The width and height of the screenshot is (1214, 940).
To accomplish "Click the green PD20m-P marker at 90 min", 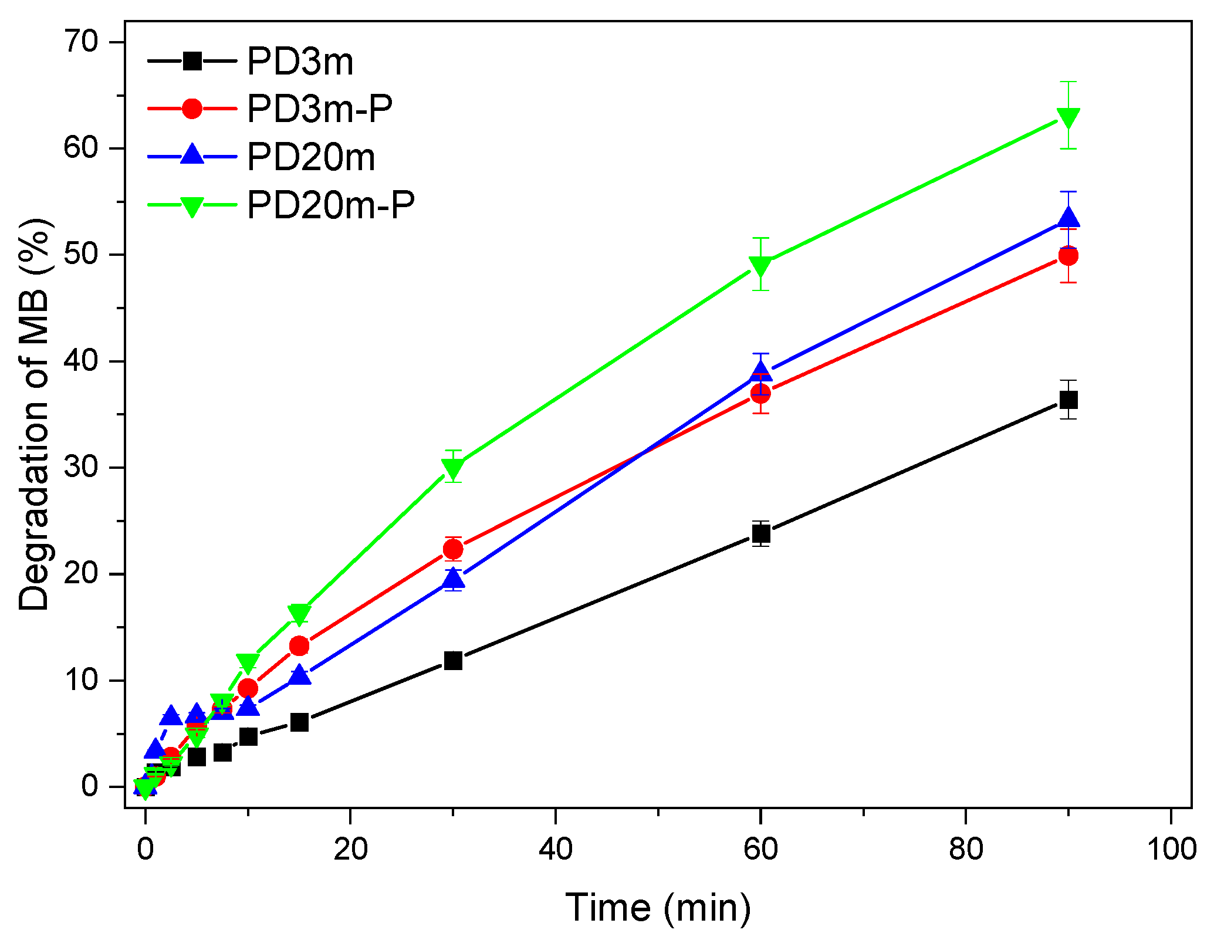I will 1068,117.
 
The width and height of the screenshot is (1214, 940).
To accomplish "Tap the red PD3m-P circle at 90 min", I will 1068,256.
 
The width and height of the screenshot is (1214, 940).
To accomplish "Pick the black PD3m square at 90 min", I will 1068,400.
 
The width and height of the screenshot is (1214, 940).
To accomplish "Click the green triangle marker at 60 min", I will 760,266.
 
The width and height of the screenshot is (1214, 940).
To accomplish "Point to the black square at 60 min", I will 760,534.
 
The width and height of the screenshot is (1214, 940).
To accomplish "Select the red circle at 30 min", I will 453,549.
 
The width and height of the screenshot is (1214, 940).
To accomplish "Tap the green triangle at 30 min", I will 453,468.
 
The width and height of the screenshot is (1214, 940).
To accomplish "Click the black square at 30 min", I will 453,661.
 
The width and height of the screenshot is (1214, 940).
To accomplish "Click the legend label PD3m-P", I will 319,109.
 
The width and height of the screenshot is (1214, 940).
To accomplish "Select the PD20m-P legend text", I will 330,205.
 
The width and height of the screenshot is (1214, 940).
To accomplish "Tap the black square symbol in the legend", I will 192,60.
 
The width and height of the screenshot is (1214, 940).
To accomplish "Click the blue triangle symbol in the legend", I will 192,155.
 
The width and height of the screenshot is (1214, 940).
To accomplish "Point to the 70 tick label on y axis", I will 81,42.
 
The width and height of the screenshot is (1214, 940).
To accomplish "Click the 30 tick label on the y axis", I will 81,468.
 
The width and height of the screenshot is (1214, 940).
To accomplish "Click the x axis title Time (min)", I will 658,908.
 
